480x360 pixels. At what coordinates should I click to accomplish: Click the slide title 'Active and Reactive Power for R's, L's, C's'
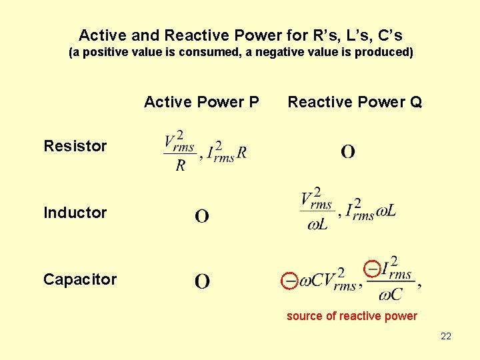[x=240, y=35]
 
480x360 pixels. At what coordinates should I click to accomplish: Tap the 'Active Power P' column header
[x=201, y=102]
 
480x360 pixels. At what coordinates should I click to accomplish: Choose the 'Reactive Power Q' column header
[x=355, y=102]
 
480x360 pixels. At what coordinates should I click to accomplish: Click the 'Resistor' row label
[x=75, y=146]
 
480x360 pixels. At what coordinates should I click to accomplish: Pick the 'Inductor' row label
[x=75, y=213]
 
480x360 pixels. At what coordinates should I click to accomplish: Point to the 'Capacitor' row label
[x=79, y=279]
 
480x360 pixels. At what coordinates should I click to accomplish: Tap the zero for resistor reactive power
[x=348, y=152]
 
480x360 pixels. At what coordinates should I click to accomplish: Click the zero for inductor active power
[x=202, y=216]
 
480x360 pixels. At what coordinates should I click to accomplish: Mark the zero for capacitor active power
[x=202, y=281]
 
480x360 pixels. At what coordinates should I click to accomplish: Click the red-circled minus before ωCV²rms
[x=289, y=281]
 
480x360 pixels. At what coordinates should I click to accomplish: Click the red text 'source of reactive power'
[x=351, y=316]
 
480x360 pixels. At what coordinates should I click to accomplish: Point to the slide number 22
[x=446, y=336]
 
